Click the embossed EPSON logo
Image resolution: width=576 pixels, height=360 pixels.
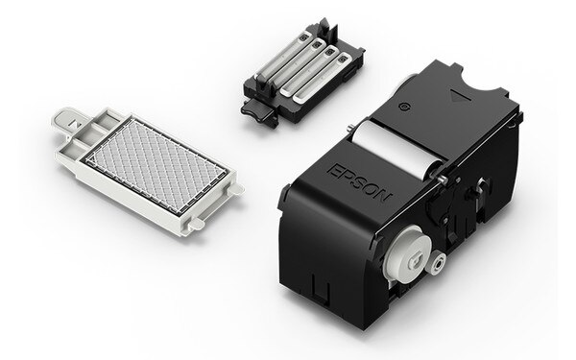click(x=359, y=183)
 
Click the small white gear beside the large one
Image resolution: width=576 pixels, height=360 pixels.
click(x=438, y=263)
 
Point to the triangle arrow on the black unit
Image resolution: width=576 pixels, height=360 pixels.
click(x=457, y=97)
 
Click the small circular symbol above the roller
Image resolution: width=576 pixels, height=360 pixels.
click(x=404, y=107)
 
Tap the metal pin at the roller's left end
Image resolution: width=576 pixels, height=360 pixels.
click(x=349, y=129)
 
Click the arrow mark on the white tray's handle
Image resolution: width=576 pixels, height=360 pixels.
click(x=75, y=123)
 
